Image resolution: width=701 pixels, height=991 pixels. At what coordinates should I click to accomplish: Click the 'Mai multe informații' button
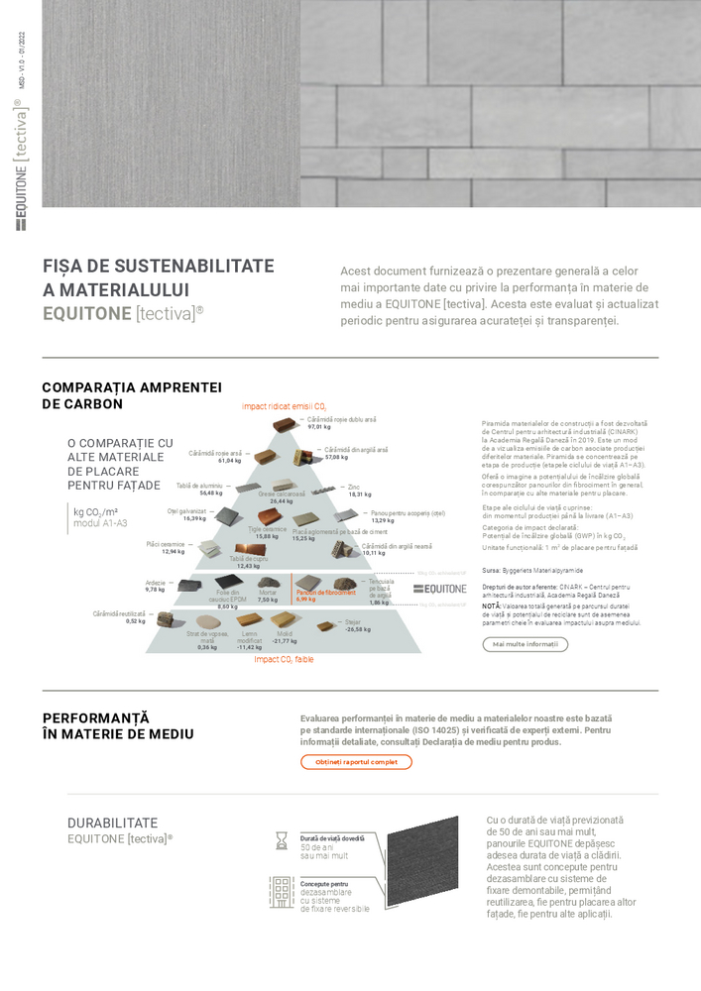(x=525, y=644)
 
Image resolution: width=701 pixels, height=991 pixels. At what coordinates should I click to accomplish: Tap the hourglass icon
(x=282, y=840)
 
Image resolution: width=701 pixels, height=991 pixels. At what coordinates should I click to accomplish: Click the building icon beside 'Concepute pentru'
(x=282, y=892)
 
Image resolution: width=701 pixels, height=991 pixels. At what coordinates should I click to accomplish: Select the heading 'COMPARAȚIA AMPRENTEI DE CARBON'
(x=132, y=395)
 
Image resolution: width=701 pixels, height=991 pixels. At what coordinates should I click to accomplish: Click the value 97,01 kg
(x=319, y=427)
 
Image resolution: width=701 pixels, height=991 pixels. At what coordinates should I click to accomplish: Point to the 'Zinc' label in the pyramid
(x=354, y=487)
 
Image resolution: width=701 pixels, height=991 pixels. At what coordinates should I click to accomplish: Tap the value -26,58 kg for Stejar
(x=357, y=629)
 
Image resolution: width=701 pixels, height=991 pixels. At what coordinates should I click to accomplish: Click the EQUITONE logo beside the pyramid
(x=439, y=589)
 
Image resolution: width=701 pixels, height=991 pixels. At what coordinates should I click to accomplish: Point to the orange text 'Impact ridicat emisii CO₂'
(x=284, y=406)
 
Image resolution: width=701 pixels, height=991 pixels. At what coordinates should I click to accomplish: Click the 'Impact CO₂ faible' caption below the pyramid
(x=284, y=659)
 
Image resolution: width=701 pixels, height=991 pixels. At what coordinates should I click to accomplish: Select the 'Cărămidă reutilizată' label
(x=119, y=613)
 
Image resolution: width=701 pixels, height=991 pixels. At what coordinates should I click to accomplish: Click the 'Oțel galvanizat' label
(x=186, y=511)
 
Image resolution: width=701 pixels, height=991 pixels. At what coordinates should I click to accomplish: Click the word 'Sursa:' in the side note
(x=491, y=571)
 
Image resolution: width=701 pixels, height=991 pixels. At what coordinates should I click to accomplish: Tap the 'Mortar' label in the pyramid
(x=268, y=593)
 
